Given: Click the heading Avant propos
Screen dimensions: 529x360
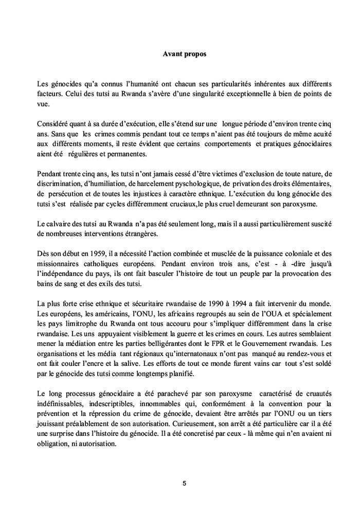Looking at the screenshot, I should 184,54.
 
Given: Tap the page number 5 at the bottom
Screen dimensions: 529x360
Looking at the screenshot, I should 184,484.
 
